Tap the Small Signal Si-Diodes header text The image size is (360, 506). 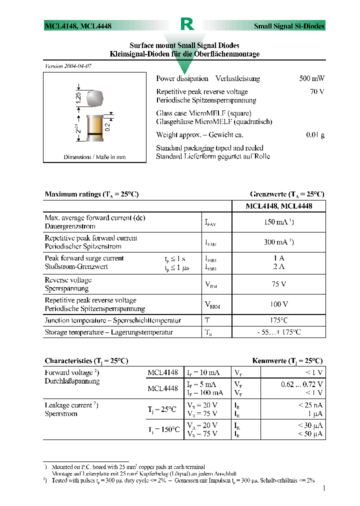(x=289, y=26)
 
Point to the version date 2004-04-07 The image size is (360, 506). (x=68, y=66)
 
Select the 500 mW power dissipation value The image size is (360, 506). (x=311, y=78)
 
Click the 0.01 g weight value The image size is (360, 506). (x=315, y=135)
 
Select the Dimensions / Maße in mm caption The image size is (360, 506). (x=94, y=157)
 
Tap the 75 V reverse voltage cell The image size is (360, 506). (x=278, y=284)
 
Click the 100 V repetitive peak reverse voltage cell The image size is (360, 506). (x=278, y=304)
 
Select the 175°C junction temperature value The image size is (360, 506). (x=278, y=320)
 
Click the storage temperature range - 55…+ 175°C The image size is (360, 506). (x=278, y=332)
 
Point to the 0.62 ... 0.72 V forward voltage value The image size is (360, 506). (x=301, y=384)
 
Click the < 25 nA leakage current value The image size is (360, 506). (x=310, y=404)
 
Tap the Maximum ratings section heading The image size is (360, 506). (x=91, y=194)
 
